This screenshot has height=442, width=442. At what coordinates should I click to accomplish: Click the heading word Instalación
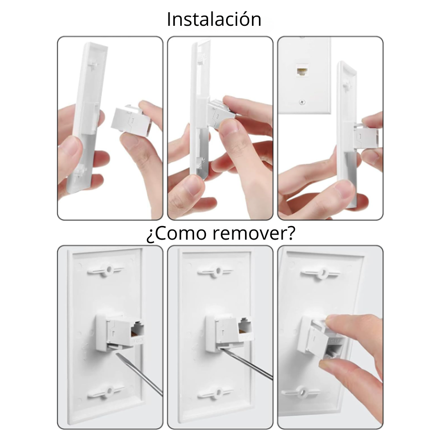pos(214,19)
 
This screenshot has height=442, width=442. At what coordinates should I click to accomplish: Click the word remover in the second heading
pos(254,233)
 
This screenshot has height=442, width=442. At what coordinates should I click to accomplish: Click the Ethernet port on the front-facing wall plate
pos(302,70)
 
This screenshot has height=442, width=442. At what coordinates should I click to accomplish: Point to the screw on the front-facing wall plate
pos(302,101)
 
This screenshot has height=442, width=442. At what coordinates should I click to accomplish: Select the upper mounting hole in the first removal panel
pos(106,270)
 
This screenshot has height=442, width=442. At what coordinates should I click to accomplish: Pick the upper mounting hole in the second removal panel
pos(215,271)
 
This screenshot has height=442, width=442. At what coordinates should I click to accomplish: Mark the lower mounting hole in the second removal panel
pos(215,393)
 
